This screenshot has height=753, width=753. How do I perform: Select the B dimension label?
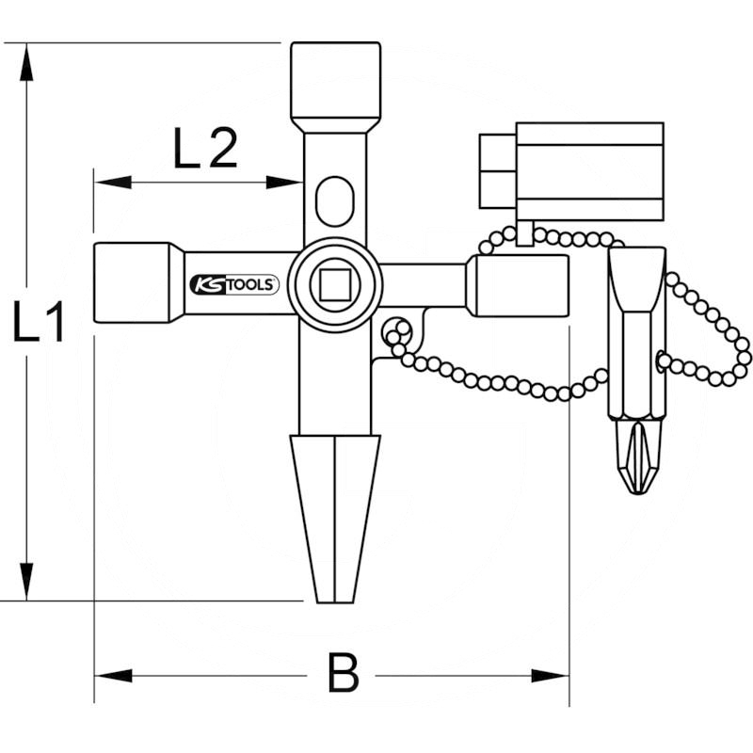(344, 674)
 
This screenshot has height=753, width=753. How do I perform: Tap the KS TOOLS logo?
(233, 284)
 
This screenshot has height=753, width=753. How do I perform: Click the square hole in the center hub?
(334, 282)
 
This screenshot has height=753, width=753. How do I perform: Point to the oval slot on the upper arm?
(334, 200)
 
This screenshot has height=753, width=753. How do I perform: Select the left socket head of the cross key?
(131, 282)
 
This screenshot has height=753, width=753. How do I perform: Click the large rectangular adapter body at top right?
(589, 171)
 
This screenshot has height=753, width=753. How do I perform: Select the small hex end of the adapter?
(497, 171)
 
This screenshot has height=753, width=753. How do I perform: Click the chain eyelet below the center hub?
(397, 331)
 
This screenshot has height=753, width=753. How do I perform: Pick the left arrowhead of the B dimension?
(111, 675)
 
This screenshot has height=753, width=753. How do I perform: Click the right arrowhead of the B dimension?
(552, 675)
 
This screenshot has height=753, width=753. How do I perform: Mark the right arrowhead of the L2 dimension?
(284, 182)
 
